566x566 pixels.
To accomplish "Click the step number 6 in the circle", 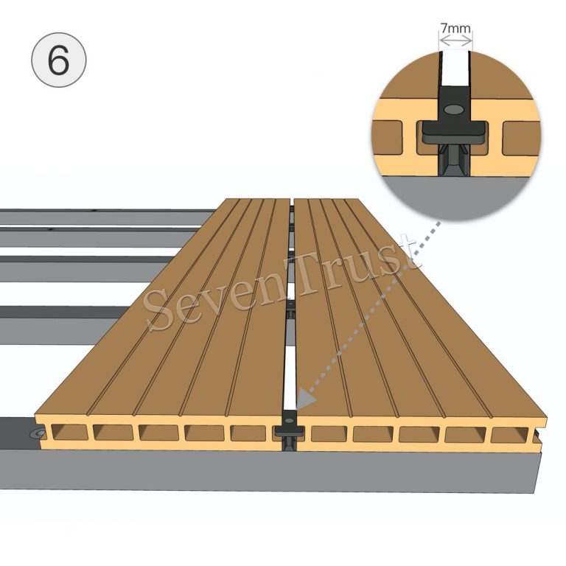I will [x=58, y=60].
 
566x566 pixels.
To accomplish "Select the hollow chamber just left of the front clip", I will [x=248, y=433].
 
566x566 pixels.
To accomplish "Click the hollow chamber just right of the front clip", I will [x=329, y=434].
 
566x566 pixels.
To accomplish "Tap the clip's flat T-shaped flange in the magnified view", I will [x=455, y=133].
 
